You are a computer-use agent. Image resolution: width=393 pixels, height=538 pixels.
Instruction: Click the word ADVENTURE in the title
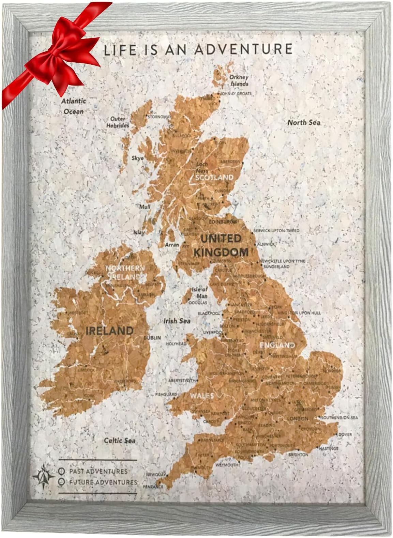point(243,49)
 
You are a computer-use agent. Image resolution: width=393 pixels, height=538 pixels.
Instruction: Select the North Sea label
point(304,122)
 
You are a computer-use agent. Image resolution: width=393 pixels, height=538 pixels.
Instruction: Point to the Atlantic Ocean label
point(74,106)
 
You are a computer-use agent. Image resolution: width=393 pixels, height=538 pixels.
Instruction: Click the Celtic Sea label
point(120,440)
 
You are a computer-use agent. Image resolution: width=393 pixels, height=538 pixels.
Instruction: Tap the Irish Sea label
point(177,321)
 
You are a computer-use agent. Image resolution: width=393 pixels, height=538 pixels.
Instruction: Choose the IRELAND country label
point(109,331)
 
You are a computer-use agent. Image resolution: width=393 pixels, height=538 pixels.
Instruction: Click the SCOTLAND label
point(214,177)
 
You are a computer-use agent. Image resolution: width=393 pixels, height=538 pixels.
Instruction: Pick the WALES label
point(202,396)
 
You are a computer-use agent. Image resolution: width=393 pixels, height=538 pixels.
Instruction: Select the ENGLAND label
point(277,345)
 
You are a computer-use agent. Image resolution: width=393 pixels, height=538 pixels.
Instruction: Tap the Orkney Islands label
point(239,80)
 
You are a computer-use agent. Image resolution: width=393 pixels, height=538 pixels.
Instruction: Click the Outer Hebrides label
point(118,122)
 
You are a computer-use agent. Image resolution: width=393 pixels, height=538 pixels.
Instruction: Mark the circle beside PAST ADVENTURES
point(62,471)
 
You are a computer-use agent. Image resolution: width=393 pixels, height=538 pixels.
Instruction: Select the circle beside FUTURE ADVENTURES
point(62,482)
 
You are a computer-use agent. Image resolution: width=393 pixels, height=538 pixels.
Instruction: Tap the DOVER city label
point(345,434)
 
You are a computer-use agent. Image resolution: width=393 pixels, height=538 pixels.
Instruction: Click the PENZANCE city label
point(153,487)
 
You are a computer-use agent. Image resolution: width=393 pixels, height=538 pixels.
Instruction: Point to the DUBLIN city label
point(152,338)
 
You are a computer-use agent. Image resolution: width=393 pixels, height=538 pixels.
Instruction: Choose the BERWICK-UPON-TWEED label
point(276,231)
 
